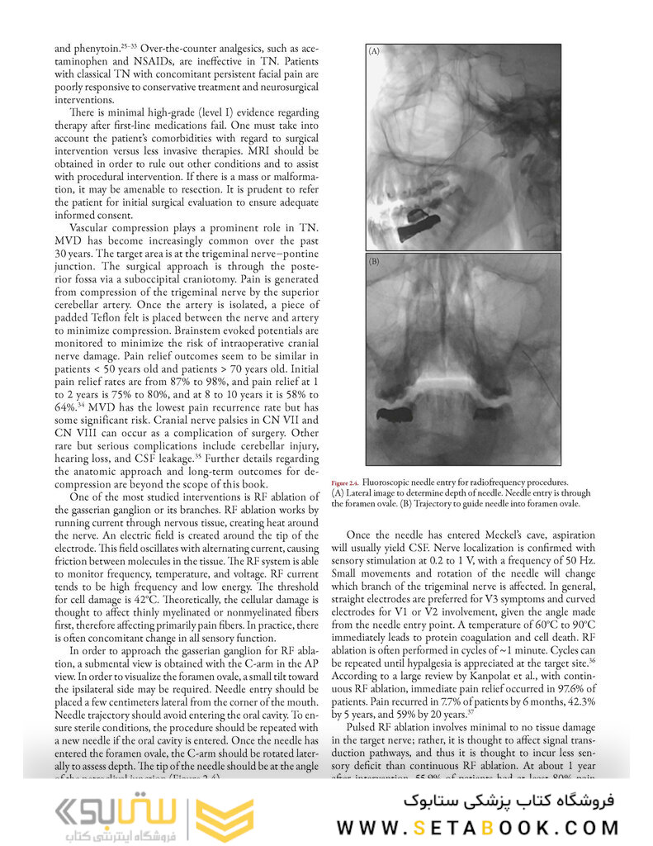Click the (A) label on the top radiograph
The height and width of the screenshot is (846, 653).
[374, 52]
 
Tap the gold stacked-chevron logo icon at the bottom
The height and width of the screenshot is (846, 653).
[225, 817]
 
